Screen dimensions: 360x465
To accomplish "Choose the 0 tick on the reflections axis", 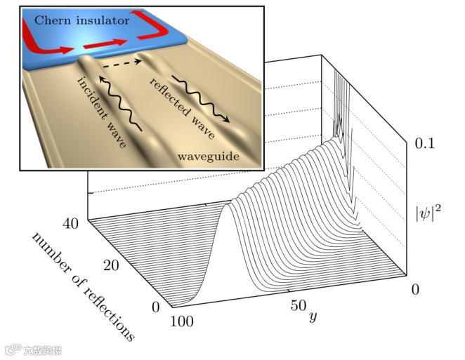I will pyautogui.click(x=155, y=307).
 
